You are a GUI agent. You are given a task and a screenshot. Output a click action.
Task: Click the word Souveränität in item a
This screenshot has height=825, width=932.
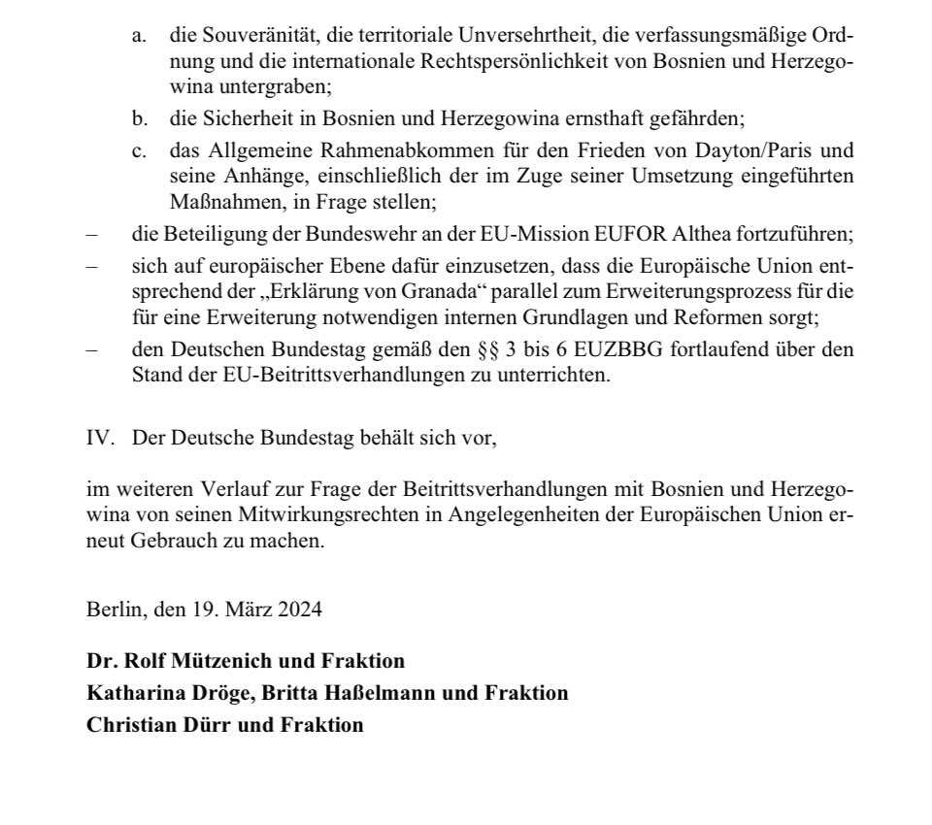pos(251,36)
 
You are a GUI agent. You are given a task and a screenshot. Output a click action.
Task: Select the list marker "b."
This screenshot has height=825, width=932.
pos(141,119)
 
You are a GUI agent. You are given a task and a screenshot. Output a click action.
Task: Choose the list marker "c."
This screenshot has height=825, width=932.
pos(141,150)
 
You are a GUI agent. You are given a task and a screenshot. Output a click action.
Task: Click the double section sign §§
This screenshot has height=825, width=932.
pos(488,348)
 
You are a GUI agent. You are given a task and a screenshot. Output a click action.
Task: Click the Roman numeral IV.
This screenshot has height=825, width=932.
pos(100,438)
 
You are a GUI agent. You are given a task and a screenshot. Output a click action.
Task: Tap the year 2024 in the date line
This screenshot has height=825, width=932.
pos(299,610)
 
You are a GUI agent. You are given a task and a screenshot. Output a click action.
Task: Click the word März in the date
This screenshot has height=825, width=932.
pos(249,610)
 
